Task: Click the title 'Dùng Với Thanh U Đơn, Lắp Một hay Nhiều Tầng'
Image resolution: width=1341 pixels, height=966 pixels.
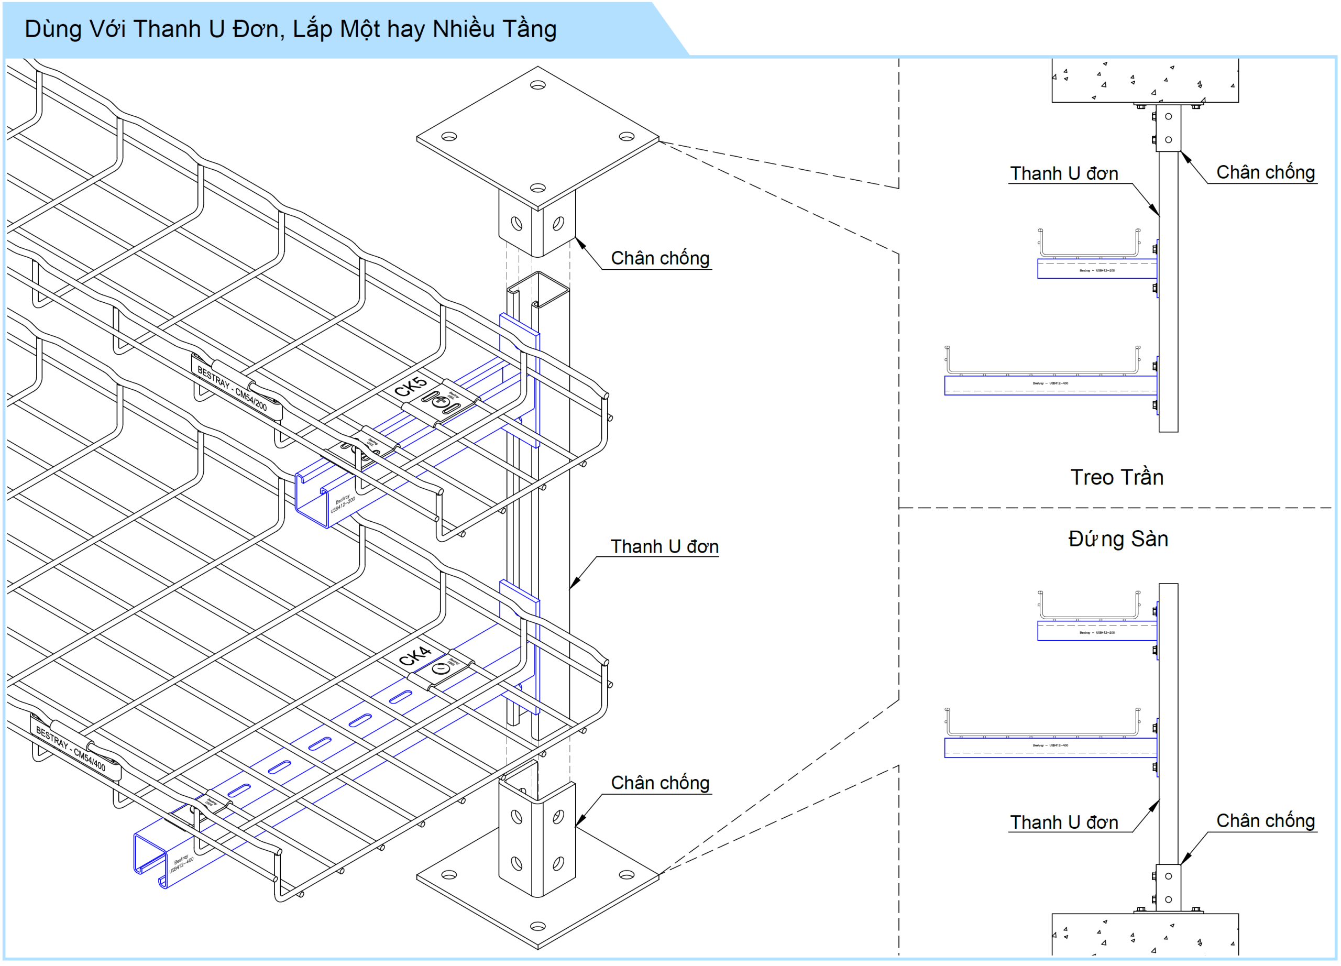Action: click(x=290, y=29)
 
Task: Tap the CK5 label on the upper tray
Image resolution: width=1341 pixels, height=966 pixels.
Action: click(x=410, y=387)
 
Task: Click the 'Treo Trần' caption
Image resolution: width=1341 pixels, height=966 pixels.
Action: click(x=1116, y=477)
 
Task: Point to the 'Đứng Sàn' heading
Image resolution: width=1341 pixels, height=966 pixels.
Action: click(x=1117, y=539)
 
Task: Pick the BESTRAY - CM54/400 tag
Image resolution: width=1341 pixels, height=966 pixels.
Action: click(x=71, y=749)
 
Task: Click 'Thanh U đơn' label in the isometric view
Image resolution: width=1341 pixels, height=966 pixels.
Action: click(x=664, y=546)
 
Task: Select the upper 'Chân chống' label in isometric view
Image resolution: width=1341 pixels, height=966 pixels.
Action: click(x=660, y=258)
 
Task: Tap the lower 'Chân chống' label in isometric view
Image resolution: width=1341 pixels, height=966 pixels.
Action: click(x=660, y=783)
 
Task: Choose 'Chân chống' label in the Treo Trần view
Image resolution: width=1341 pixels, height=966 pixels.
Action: click(x=1266, y=172)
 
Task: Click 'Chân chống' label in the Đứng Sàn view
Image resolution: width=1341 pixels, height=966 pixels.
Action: click(x=1266, y=820)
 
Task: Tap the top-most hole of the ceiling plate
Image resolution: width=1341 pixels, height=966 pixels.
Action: click(x=537, y=85)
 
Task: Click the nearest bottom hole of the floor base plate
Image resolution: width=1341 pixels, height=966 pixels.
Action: click(x=537, y=926)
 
